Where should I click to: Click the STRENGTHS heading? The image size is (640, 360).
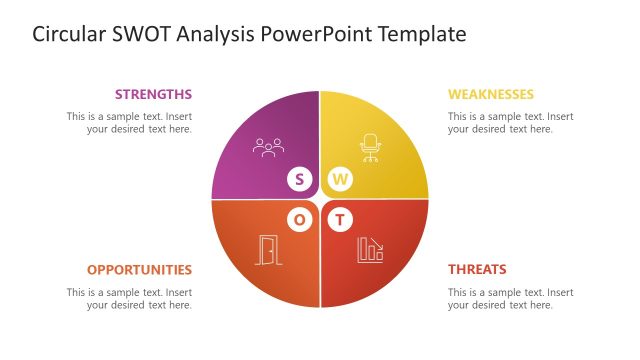coord(153,94)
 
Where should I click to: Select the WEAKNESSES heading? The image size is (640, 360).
coord(490,94)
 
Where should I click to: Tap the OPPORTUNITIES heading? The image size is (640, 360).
coord(139,270)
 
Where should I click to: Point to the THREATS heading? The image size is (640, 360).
coord(477,270)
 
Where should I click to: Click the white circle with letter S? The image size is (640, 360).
coord(299,180)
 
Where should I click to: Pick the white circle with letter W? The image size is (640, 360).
coord(341,180)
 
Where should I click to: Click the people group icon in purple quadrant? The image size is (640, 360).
coord(268,148)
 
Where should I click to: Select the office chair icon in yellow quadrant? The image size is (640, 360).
coord(371,147)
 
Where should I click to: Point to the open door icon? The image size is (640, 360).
coord(267,250)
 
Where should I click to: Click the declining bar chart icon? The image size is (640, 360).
coord(370,250)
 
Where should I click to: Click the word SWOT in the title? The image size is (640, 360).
coord(142,35)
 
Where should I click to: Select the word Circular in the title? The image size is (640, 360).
coord(69,35)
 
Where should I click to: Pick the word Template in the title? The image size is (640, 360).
coord(425,35)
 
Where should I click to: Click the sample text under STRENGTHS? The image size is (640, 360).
coord(130,122)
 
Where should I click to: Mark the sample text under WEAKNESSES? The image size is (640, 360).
coord(510,122)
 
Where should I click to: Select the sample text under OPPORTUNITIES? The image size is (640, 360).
coord(130,298)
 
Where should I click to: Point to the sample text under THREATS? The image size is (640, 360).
coord(510,298)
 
